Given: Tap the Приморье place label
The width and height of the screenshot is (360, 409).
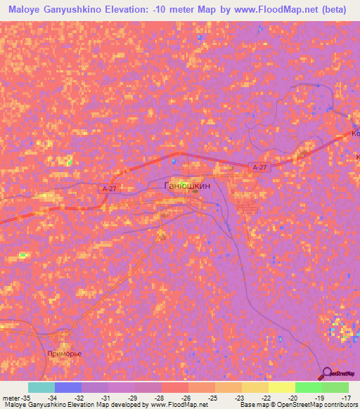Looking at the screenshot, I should [x=64, y=353].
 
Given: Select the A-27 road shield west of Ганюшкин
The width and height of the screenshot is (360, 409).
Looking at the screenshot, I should [x=108, y=188].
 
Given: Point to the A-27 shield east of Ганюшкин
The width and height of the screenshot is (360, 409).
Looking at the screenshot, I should [x=258, y=167].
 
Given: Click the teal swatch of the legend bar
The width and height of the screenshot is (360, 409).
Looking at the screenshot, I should [x=41, y=387].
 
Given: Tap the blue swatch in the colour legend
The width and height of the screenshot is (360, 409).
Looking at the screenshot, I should [x=68, y=387].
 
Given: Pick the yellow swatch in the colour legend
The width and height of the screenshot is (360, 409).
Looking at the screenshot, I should [x=281, y=387].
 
